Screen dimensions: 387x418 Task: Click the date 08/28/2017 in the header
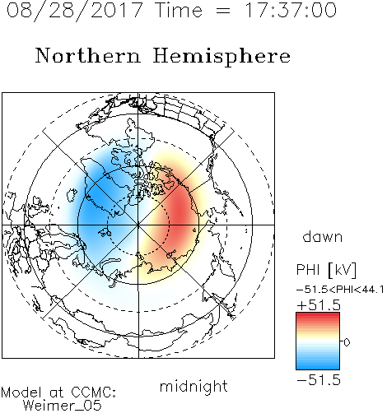point(75,11)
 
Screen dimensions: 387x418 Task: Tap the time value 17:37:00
point(290,10)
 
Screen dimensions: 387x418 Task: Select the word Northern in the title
point(88,56)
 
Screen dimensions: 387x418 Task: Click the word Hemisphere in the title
point(221,57)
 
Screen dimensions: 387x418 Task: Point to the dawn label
point(323,236)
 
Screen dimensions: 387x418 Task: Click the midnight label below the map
point(193,387)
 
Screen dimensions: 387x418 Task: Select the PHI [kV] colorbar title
point(327,270)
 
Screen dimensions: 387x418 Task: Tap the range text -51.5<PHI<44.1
point(340,290)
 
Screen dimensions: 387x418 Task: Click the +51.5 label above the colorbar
point(319,305)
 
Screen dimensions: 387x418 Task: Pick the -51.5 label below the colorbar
point(319,380)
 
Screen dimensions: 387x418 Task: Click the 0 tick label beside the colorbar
point(347,342)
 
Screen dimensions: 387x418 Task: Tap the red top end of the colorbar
point(318,315)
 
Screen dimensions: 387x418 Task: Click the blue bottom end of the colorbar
point(318,367)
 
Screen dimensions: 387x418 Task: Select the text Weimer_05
point(63,406)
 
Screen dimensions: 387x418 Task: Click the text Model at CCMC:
point(58,392)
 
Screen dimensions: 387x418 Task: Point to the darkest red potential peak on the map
point(180,211)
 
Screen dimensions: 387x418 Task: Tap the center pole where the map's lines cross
point(138,225)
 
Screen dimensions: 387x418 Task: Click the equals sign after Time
point(223,11)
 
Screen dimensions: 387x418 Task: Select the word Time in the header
point(179,10)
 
